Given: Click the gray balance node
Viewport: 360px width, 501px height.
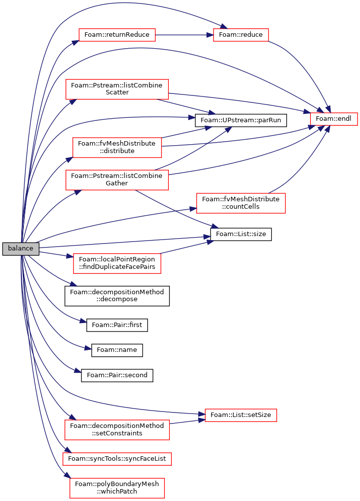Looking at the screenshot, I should tap(20, 249).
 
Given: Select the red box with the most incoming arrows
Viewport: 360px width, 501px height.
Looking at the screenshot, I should tap(334, 119).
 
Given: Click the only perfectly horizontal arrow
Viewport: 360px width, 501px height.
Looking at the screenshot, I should tap(184, 35).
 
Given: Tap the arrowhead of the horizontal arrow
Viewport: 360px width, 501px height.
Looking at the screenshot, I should tap(210, 35).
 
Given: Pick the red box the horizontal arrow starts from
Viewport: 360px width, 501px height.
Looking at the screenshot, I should tap(117, 35).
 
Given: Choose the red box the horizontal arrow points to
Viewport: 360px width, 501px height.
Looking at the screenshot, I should tap(241, 35).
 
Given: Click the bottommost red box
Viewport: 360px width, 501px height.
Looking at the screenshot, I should tap(117, 488).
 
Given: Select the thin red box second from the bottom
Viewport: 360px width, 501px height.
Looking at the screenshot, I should tap(117, 459).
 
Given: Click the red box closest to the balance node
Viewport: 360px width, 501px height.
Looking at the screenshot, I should tap(117, 263).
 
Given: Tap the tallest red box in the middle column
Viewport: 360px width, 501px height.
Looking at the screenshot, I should tap(241, 203).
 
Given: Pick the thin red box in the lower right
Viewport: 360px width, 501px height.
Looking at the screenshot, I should tap(241, 415).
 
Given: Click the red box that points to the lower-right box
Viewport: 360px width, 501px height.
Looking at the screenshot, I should tap(117, 429).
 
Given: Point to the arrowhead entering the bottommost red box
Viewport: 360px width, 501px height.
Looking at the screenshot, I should tap(67, 476).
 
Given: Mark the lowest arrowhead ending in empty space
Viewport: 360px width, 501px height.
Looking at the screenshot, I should tap(78, 371).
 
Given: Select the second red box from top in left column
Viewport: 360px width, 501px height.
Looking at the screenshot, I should tap(117, 89).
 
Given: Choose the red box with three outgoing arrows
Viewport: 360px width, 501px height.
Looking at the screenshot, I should tap(117, 180).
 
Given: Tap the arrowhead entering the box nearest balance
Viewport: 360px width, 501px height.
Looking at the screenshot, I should tap(70, 256).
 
